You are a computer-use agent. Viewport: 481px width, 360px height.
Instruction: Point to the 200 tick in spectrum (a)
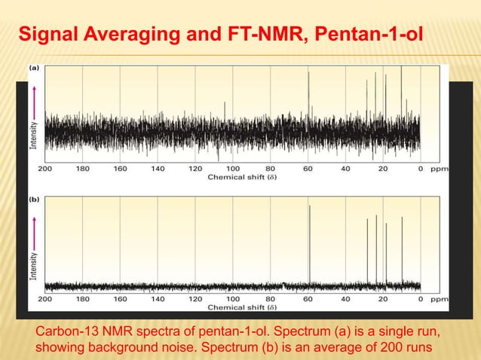click(44, 169)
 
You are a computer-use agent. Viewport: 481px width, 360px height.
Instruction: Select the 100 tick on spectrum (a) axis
click(232, 169)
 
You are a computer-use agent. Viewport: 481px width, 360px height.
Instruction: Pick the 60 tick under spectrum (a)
click(308, 169)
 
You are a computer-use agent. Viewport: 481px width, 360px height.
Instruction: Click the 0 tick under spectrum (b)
click(420, 299)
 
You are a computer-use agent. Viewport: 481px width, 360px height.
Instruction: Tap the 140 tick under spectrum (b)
click(158, 299)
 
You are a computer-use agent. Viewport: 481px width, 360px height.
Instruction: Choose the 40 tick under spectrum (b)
click(345, 299)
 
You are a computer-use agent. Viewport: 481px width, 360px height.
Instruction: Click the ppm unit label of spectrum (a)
click(439, 169)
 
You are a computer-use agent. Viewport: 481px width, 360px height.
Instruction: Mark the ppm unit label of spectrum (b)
click(439, 299)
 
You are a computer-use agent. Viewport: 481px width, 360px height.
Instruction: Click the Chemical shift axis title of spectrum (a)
click(240, 178)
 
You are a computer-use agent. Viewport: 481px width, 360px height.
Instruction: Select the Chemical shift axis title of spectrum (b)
click(240, 307)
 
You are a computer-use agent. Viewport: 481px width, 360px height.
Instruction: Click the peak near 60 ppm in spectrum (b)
click(308, 241)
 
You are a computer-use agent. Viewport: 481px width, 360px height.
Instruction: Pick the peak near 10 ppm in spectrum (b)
click(401, 249)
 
